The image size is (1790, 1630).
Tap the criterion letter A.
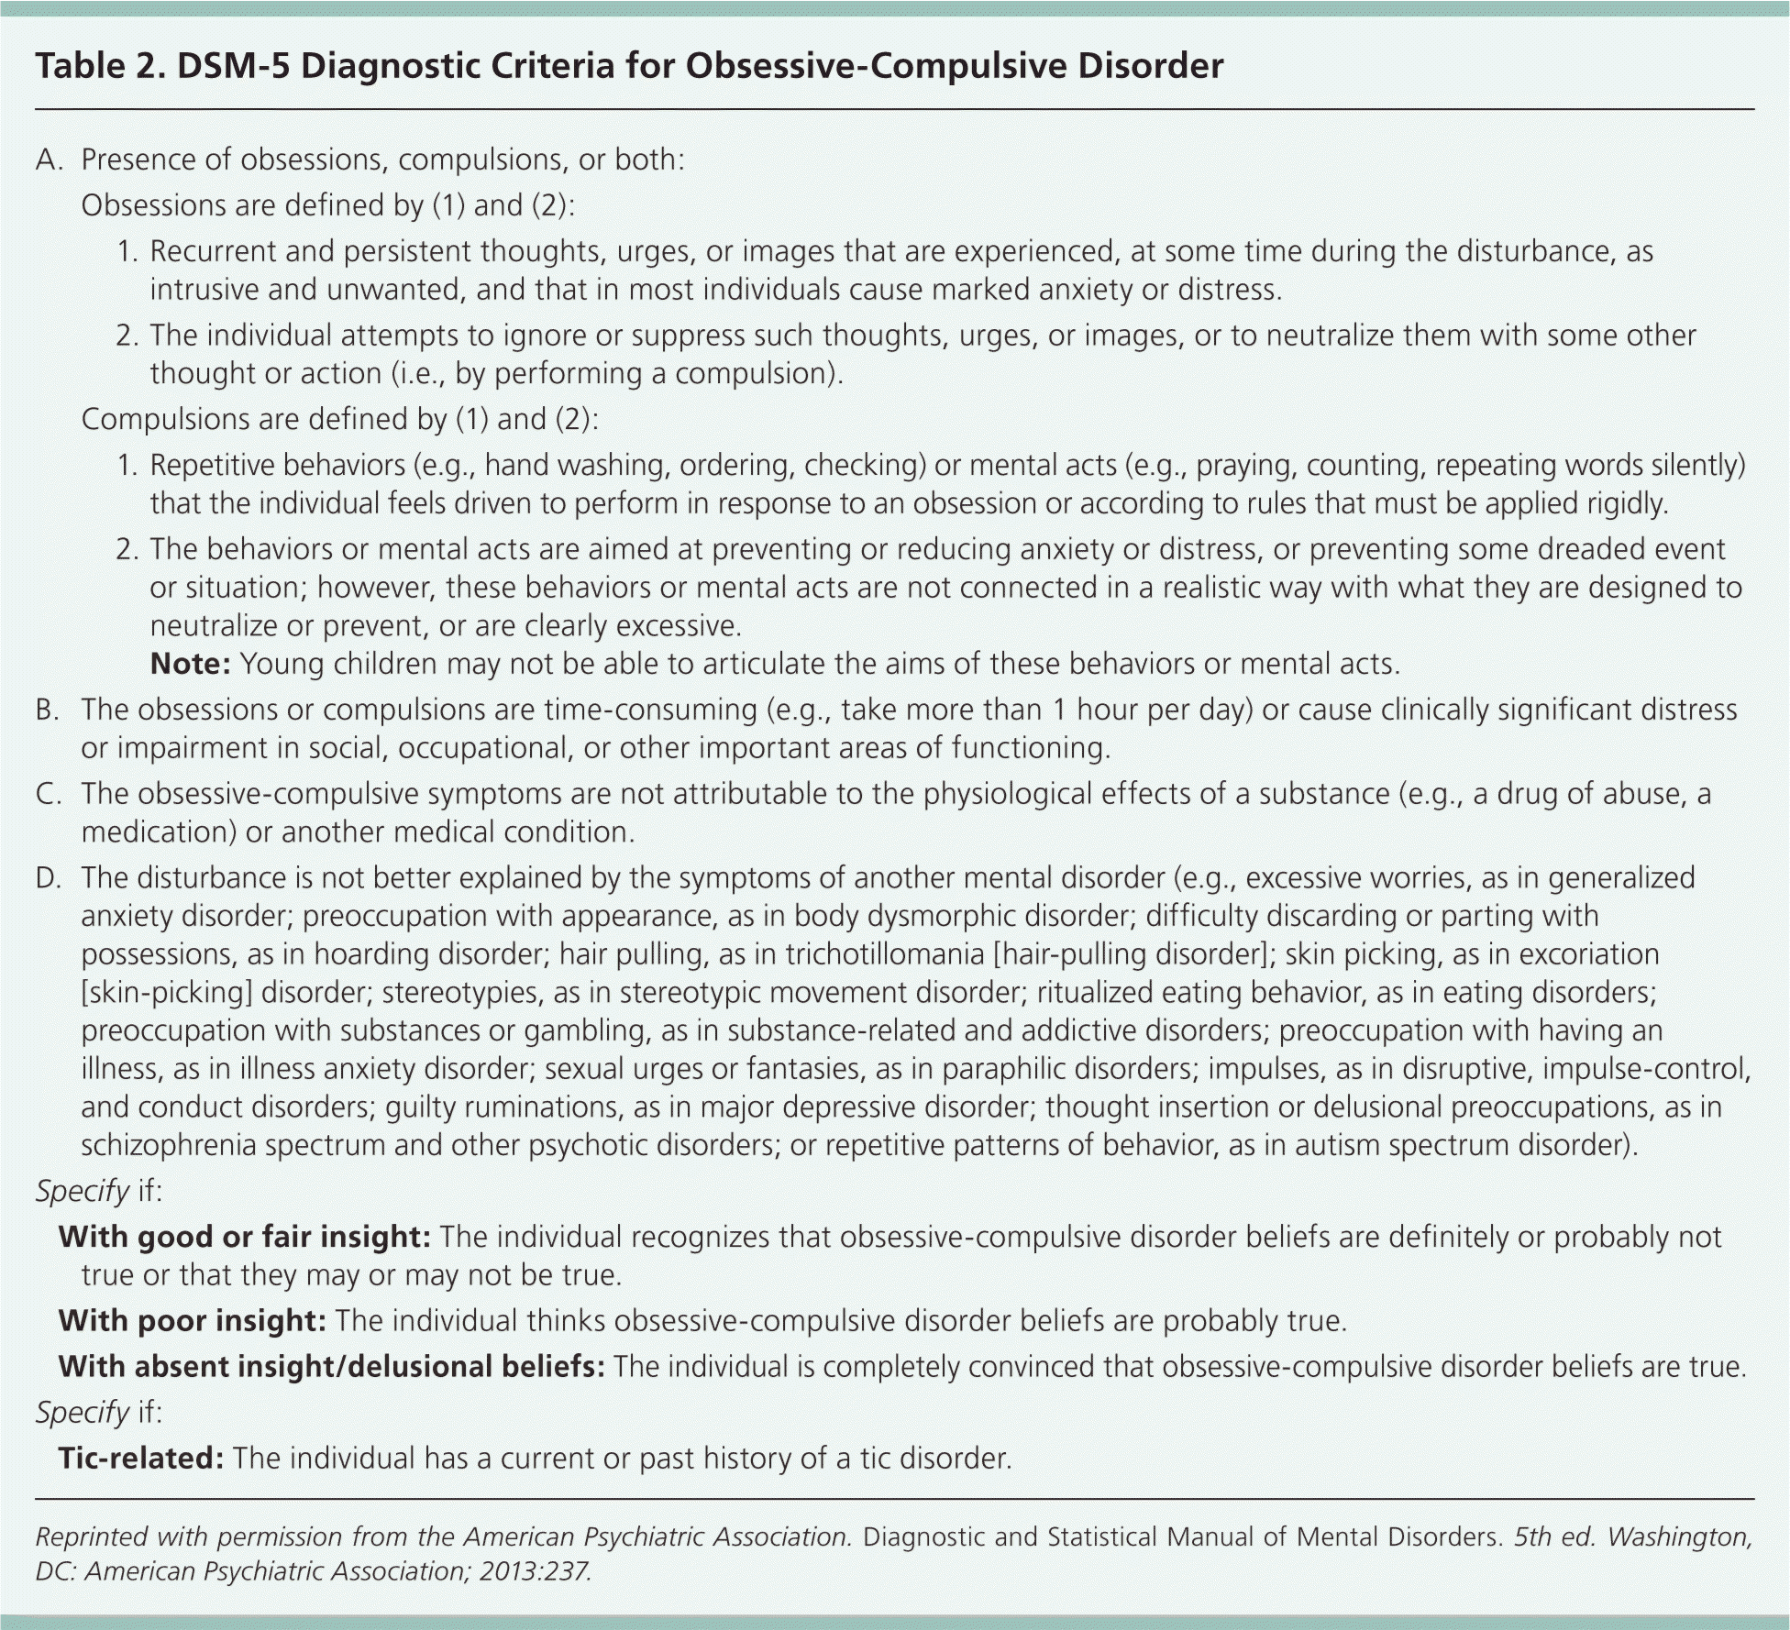tap(48, 160)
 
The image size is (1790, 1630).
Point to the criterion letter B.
tap(48, 710)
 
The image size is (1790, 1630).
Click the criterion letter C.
tap(48, 794)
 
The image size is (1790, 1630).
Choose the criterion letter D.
tap(48, 878)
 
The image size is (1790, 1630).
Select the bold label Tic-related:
tap(141, 1458)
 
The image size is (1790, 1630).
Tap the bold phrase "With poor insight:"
tap(193, 1320)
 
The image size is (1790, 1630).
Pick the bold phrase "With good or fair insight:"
tap(245, 1237)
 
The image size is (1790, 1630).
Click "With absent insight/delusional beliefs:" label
tap(331, 1366)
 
